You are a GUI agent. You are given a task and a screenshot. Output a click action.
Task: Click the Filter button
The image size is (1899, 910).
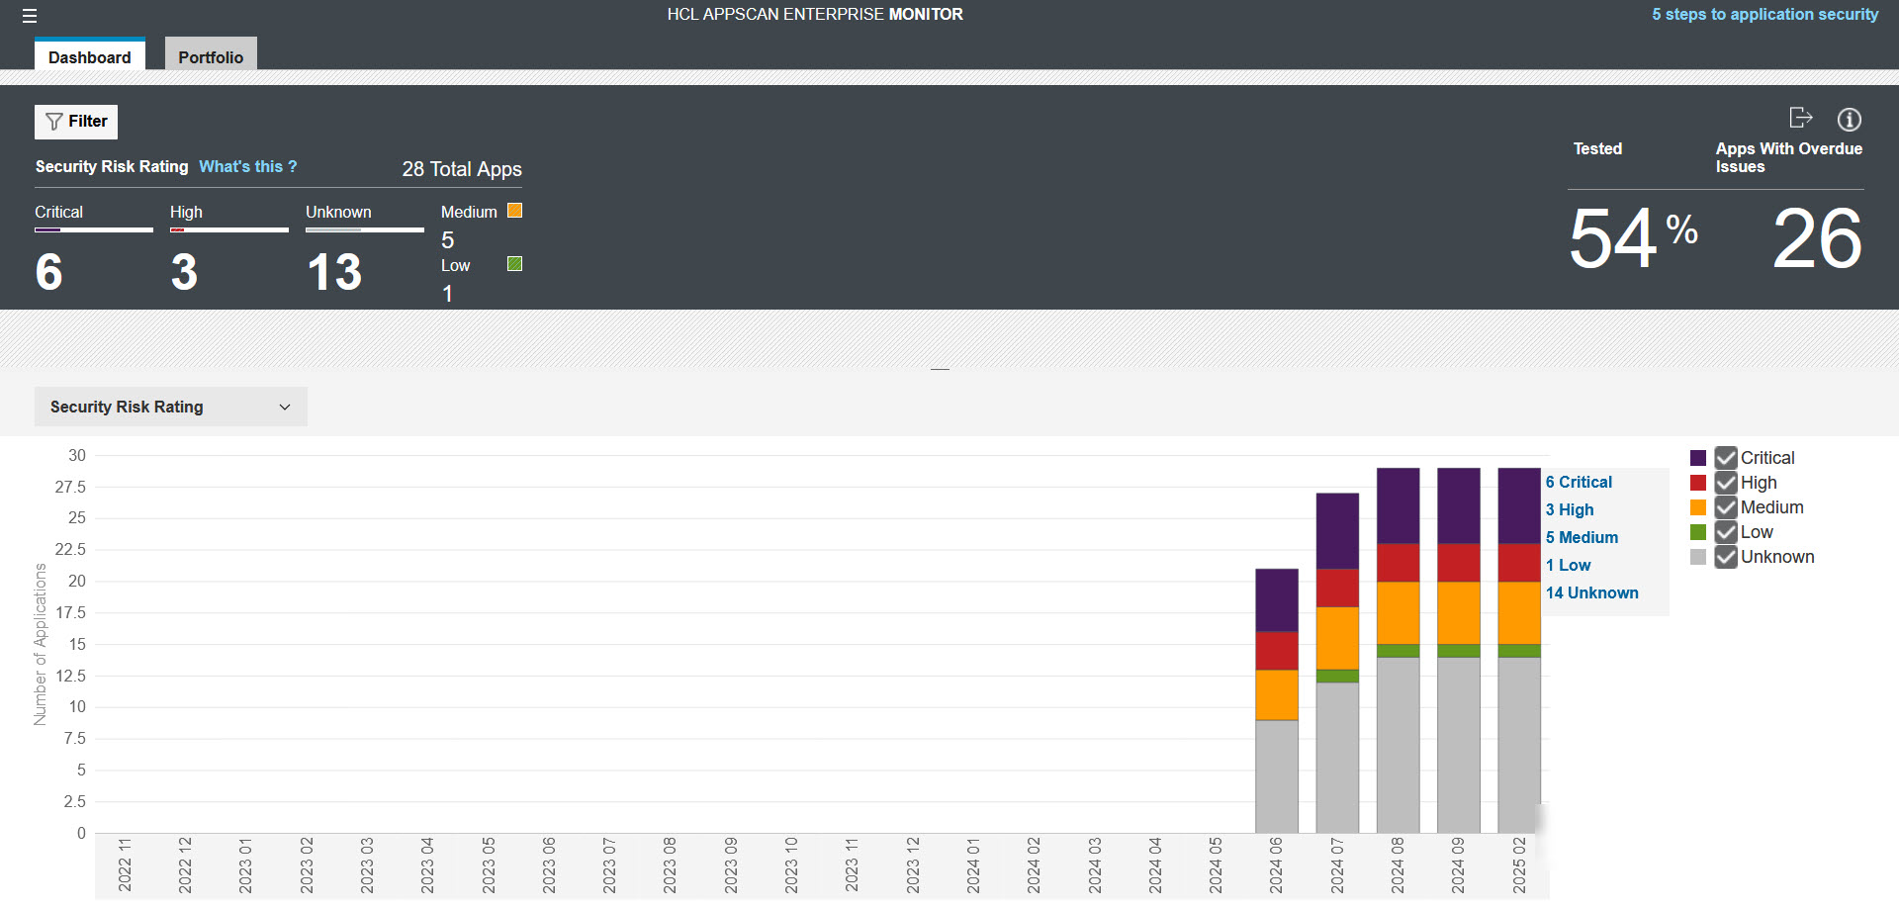coord(76,122)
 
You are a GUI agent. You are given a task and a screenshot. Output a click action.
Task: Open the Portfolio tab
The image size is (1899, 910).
coord(211,56)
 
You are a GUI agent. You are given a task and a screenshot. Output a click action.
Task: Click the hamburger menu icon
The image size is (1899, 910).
coord(30,16)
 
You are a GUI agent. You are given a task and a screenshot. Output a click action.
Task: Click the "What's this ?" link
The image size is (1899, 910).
coord(247,166)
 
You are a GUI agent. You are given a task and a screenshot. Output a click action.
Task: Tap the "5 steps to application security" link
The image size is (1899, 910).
coord(1764,14)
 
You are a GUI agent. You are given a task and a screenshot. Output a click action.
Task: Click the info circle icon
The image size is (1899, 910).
coord(1849,120)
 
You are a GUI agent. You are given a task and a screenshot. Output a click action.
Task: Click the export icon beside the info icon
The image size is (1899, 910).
coord(1801,119)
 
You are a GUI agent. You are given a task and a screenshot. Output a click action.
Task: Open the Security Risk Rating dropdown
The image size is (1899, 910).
coord(170,407)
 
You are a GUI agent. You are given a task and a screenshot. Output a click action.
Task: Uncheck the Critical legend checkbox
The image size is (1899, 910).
coord(1726,458)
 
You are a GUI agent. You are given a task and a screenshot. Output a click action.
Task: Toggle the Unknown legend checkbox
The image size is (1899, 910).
coord(1726,557)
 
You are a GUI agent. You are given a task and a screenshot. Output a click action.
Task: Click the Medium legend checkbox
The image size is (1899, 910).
coord(1726,507)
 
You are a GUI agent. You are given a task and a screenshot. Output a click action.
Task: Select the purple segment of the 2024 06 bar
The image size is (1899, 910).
coord(1276,599)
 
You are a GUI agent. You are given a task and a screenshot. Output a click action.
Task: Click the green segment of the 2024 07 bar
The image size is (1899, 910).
coord(1337,677)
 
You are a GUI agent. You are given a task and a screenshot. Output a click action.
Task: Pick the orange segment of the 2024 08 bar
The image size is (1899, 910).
coord(1398,613)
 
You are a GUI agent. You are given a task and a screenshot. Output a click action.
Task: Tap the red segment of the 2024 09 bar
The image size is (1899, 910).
coord(1458,562)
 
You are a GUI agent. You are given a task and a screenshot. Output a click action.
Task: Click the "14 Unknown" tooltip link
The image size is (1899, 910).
coord(1591,592)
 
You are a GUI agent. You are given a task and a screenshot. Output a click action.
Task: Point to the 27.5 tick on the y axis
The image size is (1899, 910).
coord(70,487)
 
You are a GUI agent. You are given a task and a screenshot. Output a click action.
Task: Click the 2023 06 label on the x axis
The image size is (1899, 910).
coord(549,865)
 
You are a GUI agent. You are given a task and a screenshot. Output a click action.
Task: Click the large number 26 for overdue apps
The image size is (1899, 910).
coord(1817,238)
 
